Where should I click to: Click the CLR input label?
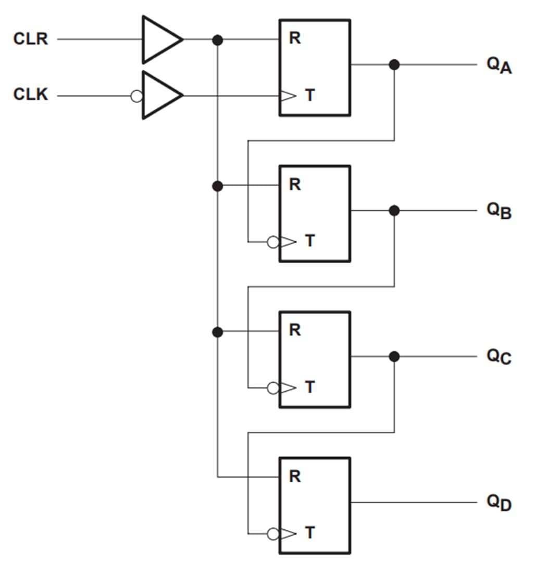(31, 40)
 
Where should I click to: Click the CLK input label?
(31, 95)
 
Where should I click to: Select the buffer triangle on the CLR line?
(160, 40)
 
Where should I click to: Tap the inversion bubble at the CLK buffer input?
(136, 96)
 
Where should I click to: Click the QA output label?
(499, 66)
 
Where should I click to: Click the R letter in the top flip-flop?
(295, 39)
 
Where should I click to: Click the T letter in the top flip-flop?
(310, 96)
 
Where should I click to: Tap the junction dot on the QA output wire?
(394, 65)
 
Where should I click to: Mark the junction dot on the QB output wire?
(394, 210)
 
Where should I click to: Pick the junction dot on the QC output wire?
(394, 356)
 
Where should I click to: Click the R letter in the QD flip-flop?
(295, 476)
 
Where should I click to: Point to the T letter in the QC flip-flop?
(310, 388)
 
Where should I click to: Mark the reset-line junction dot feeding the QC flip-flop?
(218, 332)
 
